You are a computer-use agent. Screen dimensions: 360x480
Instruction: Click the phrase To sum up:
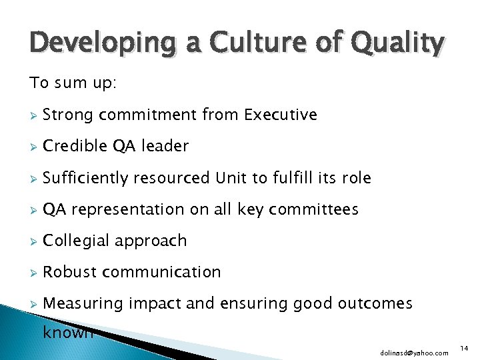pos(72,83)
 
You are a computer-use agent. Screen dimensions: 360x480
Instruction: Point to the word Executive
pos(281,115)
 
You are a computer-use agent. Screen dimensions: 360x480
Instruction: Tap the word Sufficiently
pos(85,178)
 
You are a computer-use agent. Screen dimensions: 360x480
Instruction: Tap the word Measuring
pos(83,303)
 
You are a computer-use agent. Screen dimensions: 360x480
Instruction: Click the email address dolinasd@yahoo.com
pos(415,352)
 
